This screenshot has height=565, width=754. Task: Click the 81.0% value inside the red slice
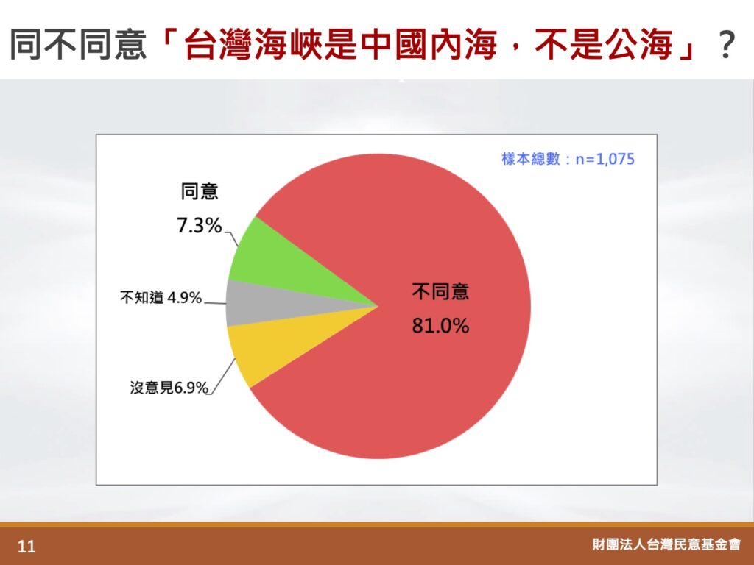(x=440, y=326)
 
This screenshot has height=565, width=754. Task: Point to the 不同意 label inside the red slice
(x=440, y=291)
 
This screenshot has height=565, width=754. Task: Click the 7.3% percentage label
(x=199, y=225)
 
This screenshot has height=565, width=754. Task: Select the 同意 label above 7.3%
(x=200, y=191)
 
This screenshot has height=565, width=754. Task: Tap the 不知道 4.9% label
(x=161, y=298)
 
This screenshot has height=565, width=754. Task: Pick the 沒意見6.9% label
(x=169, y=387)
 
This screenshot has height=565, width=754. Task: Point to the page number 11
(x=27, y=547)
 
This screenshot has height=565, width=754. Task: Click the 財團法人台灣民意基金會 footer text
(x=666, y=544)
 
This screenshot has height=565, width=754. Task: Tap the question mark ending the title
(x=725, y=45)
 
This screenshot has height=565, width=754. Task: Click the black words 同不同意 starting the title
(x=78, y=45)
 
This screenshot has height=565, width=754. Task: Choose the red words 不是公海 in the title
(x=604, y=45)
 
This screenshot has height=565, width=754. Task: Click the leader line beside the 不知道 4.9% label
(x=214, y=303)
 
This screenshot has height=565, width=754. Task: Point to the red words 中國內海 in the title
(x=429, y=45)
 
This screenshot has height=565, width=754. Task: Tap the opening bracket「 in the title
(x=169, y=41)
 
